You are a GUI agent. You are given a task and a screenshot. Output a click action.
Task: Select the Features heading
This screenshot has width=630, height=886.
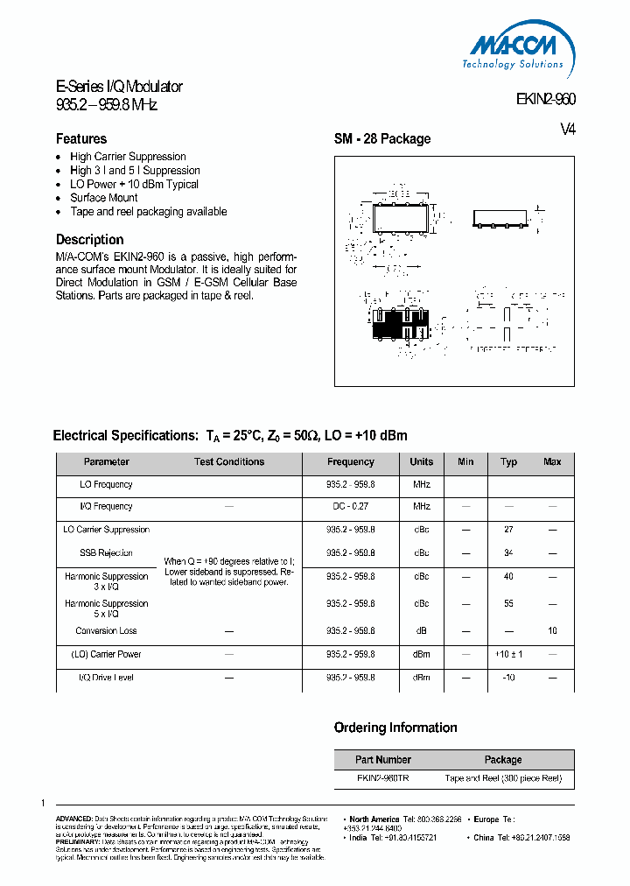[81, 139]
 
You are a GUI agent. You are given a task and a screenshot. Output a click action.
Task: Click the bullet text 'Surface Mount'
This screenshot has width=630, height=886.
[104, 198]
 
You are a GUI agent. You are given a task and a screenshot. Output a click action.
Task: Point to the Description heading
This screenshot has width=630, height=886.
[89, 240]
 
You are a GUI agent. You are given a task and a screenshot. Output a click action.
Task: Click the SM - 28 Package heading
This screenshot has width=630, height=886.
[382, 139]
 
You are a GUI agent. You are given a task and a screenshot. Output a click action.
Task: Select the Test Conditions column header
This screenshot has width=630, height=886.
[229, 462]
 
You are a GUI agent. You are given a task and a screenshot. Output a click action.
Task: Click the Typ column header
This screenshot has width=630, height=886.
[508, 462]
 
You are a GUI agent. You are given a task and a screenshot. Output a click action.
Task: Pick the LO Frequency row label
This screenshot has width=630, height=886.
[106, 484]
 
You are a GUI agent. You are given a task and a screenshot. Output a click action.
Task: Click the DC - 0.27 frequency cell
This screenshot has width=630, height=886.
[350, 507]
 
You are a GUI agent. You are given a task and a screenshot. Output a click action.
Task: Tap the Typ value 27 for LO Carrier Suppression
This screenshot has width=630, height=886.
[508, 530]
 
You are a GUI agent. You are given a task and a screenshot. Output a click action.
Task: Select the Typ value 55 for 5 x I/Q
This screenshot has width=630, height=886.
[508, 604]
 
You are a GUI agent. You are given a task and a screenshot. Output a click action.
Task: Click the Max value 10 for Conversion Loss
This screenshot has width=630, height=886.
[552, 631]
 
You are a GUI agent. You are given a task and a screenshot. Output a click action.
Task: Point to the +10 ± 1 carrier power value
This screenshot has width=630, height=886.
[508, 655]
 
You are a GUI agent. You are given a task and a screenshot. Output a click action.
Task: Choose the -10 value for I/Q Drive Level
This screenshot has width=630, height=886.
[508, 678]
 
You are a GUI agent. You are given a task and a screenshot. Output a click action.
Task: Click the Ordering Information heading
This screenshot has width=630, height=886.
[395, 728]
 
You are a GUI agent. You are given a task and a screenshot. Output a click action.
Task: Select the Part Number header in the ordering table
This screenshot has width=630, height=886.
[383, 760]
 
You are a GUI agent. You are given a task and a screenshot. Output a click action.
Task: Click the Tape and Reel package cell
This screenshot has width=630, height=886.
[503, 778]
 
